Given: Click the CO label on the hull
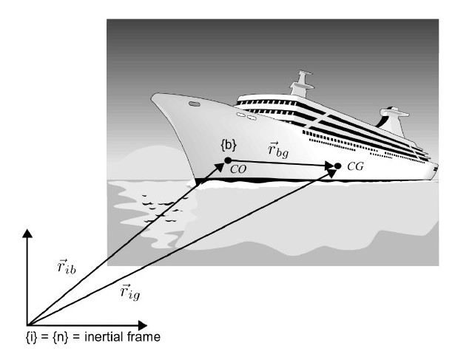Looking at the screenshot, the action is [x=238, y=169].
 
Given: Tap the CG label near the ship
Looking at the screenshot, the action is [x=355, y=166].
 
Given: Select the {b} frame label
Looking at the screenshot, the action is [x=229, y=146].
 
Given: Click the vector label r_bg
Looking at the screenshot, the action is [x=278, y=150].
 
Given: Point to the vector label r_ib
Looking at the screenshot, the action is [x=67, y=266].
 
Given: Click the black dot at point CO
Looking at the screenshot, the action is [x=228, y=160].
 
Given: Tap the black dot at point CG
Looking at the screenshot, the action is [x=337, y=166].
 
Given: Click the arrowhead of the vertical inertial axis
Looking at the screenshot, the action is [x=27, y=234].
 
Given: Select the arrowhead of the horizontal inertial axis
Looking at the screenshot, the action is [x=143, y=325].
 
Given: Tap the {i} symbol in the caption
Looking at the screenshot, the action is [x=31, y=337].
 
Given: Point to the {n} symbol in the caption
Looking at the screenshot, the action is [x=61, y=337].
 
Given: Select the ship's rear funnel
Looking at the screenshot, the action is [x=394, y=122].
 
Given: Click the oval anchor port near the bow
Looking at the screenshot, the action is [x=194, y=103].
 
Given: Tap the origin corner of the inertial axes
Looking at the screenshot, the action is [x=27, y=325].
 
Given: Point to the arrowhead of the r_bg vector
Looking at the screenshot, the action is [x=330, y=166].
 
